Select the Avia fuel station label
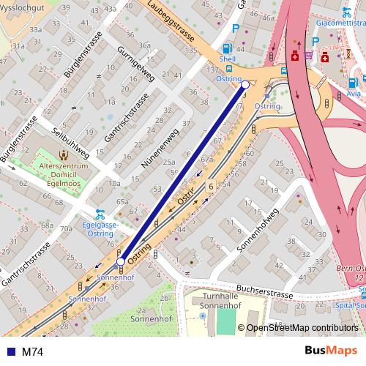354,94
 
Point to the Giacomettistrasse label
340,23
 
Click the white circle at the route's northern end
245,85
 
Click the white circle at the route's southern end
121,261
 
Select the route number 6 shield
210,187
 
